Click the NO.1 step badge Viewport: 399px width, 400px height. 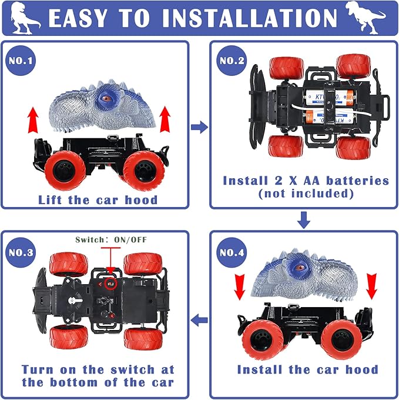21,61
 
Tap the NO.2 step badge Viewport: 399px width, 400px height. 232,61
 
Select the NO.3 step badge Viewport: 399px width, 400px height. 21,252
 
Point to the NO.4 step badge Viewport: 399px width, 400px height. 232,252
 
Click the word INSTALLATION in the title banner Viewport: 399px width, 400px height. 250,18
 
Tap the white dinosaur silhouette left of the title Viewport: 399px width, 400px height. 25,18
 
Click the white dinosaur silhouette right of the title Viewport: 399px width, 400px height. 366,17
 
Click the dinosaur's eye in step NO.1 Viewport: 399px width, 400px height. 106,98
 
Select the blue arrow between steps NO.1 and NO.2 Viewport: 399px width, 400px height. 199,127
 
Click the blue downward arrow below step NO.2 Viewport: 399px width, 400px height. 303,219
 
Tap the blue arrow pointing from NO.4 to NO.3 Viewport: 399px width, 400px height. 199,320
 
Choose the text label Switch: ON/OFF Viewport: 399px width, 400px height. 111,239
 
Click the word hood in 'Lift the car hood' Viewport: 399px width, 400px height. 141,200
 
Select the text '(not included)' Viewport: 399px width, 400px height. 306,194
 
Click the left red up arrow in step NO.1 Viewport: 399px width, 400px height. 33,120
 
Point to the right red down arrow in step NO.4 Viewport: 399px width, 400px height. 371,286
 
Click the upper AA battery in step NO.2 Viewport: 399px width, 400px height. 329,98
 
